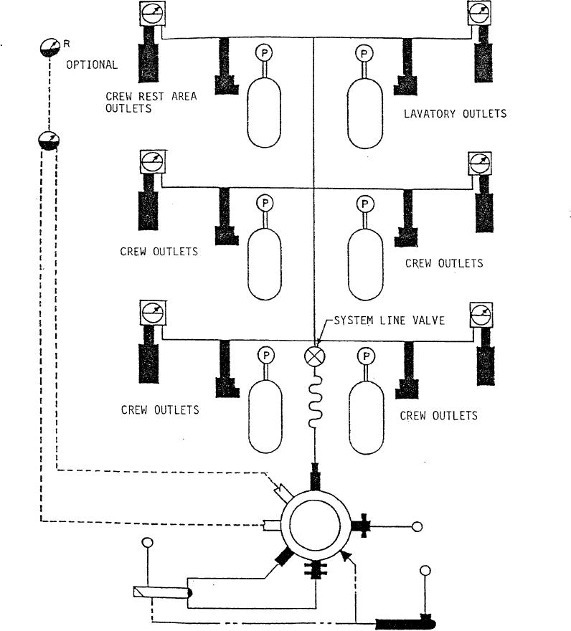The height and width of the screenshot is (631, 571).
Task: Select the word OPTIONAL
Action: click(x=92, y=65)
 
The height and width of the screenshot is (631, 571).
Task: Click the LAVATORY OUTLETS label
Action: click(x=455, y=113)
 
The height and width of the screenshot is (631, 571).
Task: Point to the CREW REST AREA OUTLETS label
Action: click(x=151, y=102)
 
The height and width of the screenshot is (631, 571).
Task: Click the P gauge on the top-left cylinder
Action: click(x=265, y=52)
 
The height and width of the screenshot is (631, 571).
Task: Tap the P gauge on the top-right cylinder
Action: click(x=364, y=52)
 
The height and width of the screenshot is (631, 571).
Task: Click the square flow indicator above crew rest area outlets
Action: click(x=151, y=13)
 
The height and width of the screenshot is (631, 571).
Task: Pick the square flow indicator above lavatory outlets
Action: click(x=479, y=12)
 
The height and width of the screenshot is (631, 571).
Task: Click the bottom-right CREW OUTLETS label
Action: click(x=438, y=415)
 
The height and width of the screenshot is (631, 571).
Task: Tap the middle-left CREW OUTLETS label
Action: click(x=159, y=252)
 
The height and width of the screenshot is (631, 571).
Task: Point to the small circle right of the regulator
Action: click(x=417, y=527)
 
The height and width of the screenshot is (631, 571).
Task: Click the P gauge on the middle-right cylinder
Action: click(x=364, y=204)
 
